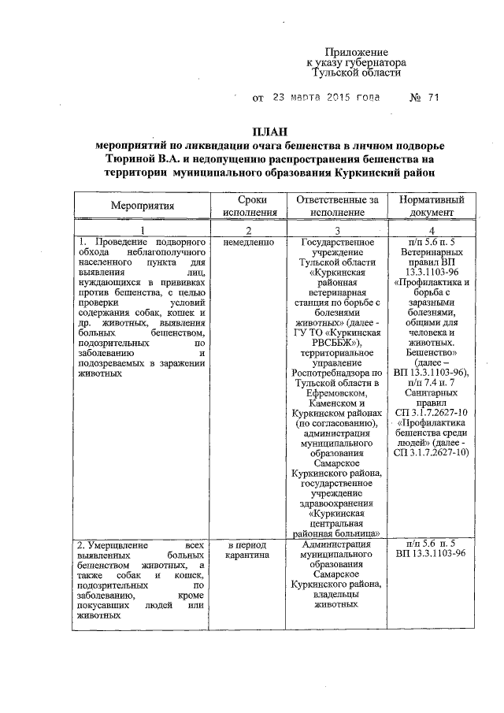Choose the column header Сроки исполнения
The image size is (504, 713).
click(x=250, y=206)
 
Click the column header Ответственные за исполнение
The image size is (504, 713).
click(x=338, y=206)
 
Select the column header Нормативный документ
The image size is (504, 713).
click(x=431, y=206)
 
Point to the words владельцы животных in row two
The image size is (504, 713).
click(x=337, y=600)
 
